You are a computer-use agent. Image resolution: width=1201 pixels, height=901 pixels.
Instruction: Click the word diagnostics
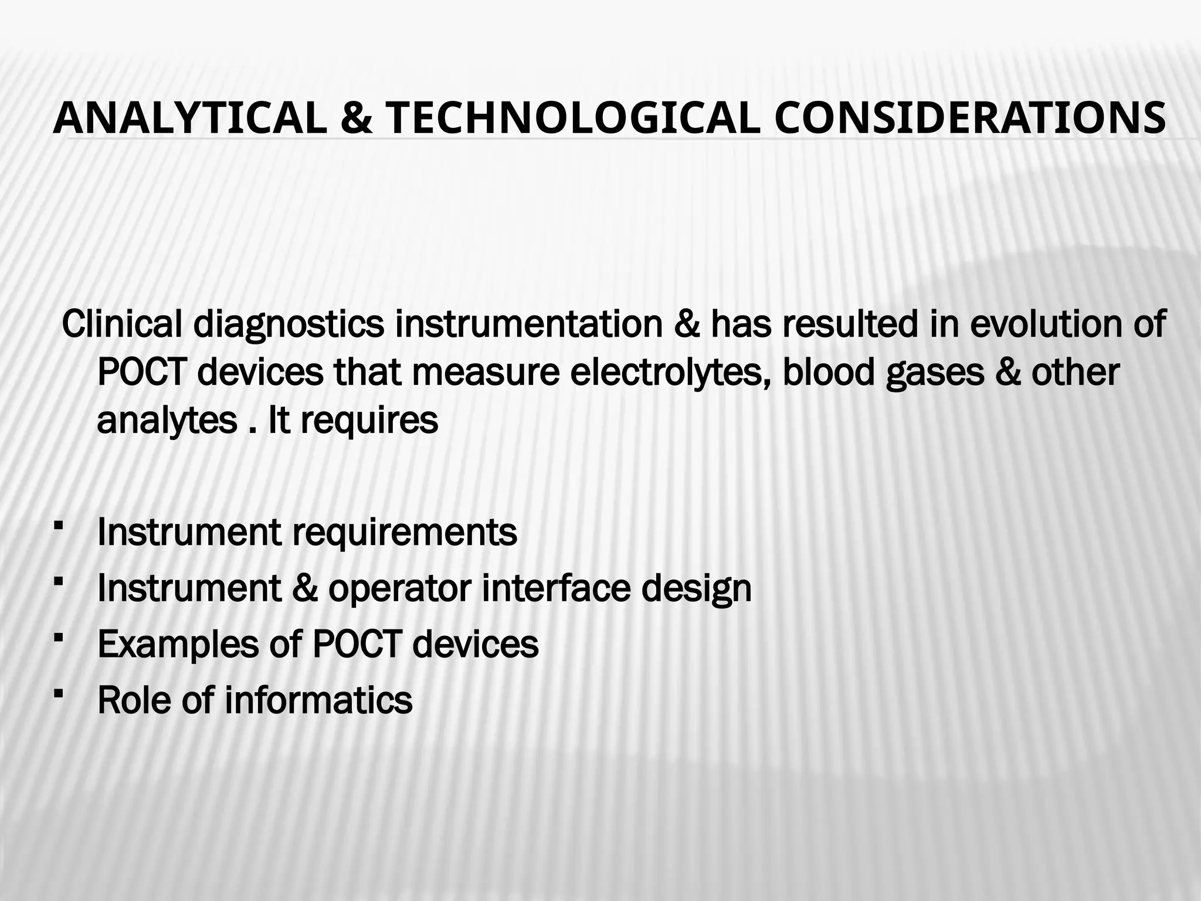tap(289, 326)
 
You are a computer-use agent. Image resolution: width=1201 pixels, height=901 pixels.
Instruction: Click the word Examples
tap(178, 645)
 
